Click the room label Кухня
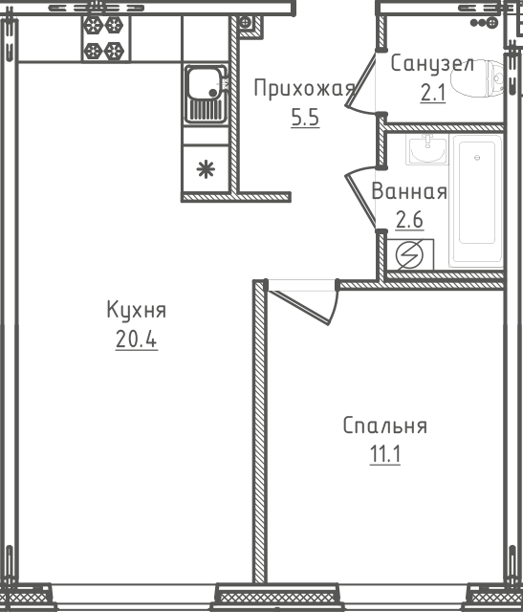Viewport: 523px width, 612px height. (137, 311)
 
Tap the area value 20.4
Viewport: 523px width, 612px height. (136, 339)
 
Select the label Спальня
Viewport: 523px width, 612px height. (385, 426)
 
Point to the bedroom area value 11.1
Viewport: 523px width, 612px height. (384, 453)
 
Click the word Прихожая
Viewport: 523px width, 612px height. (303, 90)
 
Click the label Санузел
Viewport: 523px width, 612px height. (432, 64)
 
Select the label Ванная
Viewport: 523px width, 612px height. (409, 191)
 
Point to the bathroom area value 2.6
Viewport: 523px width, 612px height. (409, 219)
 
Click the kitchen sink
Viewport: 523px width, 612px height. (205, 93)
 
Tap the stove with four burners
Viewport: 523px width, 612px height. (103, 37)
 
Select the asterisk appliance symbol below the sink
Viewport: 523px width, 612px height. (205, 170)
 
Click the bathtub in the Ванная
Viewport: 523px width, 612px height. (477, 202)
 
